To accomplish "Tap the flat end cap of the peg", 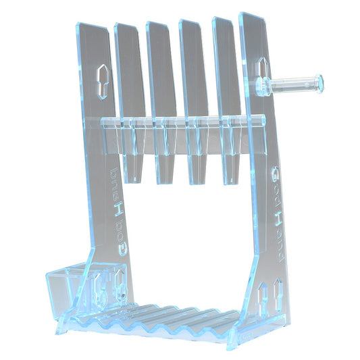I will coord(319,83).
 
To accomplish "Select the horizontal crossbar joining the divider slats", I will coord(179,122).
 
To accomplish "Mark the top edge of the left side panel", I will coord(92,27).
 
